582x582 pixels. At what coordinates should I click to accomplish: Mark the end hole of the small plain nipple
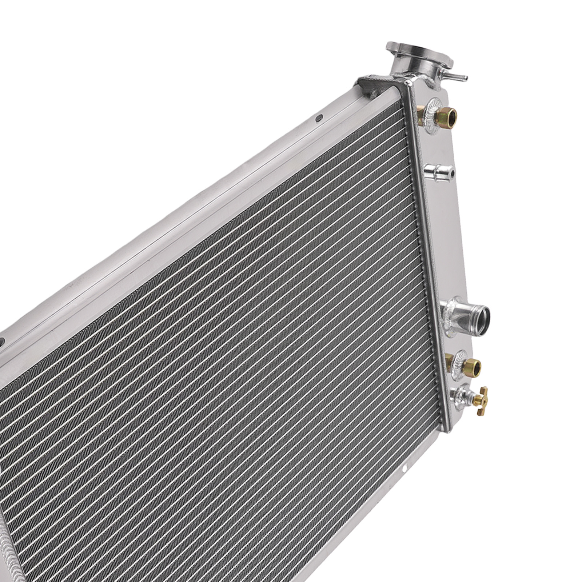pos(451,170)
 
